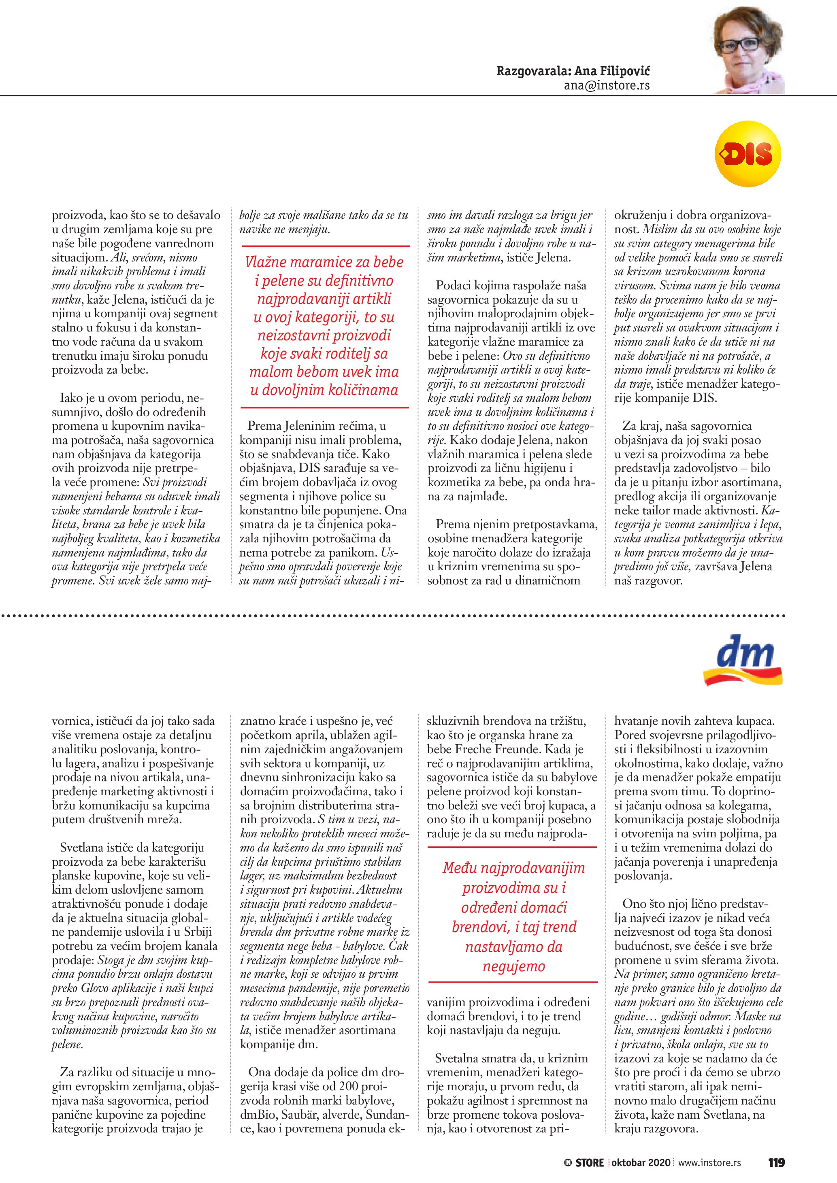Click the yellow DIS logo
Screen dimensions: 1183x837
point(748,153)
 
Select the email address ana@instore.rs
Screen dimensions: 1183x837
point(607,85)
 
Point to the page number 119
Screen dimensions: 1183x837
point(776,1163)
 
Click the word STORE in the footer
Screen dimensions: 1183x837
point(590,1163)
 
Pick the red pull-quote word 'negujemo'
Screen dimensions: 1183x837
point(513,966)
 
